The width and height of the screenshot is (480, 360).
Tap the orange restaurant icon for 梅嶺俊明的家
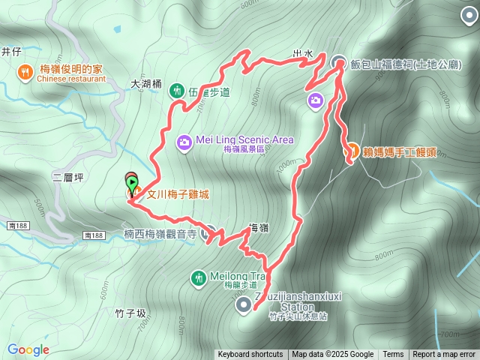(25, 72)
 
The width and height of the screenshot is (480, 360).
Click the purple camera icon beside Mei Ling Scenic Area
(184, 141)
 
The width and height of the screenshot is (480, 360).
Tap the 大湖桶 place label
(146, 85)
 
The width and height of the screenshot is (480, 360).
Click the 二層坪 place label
(68, 178)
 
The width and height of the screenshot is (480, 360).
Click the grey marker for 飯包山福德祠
(339, 64)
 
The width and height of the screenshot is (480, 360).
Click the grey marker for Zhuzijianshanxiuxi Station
(244, 304)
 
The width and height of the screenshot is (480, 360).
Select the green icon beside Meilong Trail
(198, 277)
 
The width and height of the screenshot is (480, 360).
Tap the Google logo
(28, 349)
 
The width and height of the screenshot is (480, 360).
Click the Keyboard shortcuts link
(250, 355)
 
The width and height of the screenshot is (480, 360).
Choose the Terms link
(393, 355)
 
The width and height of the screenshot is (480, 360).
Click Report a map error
(445, 355)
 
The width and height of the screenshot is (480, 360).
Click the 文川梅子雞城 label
(177, 193)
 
